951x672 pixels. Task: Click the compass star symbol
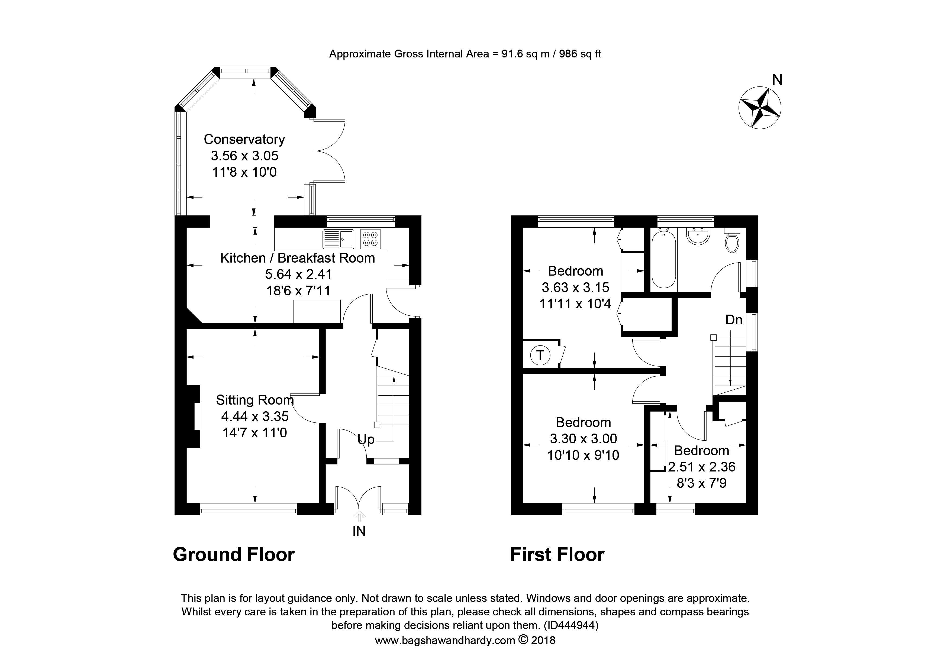760,108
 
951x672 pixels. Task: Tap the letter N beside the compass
777,79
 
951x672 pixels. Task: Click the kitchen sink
339,239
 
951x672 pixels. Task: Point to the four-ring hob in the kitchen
370,239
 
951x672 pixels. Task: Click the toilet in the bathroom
732,242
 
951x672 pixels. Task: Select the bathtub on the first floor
663,259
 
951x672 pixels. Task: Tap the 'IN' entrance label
359,531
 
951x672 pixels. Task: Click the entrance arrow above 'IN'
359,516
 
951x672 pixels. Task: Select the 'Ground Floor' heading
234,554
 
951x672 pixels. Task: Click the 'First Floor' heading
557,554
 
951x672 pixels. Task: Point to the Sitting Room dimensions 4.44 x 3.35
255,416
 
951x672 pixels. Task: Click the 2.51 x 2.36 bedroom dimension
702,467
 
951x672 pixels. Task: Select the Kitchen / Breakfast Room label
297,258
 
